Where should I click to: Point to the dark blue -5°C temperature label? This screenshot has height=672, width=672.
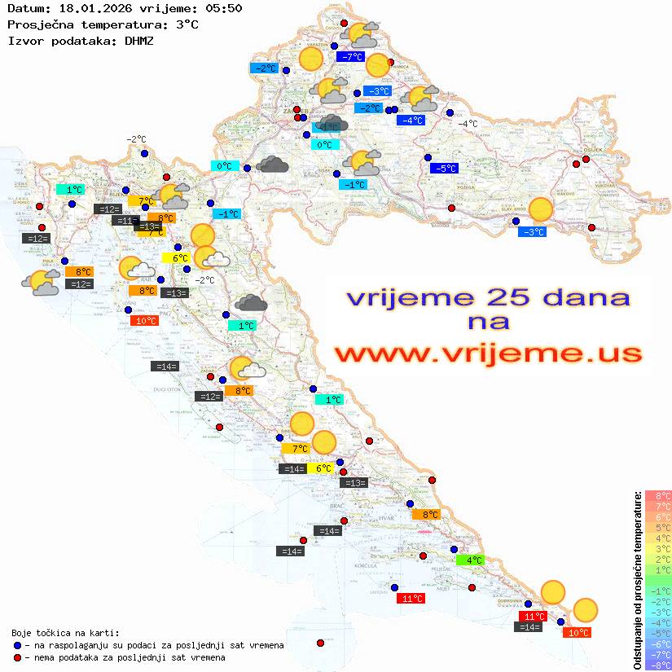445,169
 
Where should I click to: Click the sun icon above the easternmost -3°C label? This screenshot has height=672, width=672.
540,209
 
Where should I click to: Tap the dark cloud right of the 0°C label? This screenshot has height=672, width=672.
272,165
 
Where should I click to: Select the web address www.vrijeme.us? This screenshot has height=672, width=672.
488,354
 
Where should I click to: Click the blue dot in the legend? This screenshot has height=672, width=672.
18,645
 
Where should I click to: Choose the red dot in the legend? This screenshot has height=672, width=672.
18,657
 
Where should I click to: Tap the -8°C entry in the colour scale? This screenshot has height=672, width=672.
658,665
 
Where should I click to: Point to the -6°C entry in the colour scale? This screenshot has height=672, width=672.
658,643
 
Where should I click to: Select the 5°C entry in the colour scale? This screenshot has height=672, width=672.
658,527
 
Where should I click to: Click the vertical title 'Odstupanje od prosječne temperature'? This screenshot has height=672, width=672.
637,580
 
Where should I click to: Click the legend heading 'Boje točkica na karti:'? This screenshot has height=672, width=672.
65,632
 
